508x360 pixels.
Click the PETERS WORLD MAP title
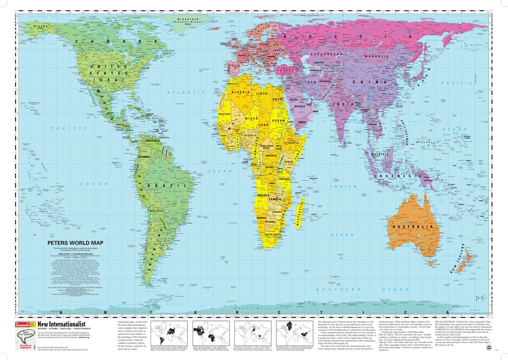75,243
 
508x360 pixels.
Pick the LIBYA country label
262,94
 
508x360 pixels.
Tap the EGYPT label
281,99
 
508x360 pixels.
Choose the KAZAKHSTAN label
326,54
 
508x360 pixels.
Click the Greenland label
188,19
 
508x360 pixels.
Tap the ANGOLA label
263,195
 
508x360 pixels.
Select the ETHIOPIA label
292,143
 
